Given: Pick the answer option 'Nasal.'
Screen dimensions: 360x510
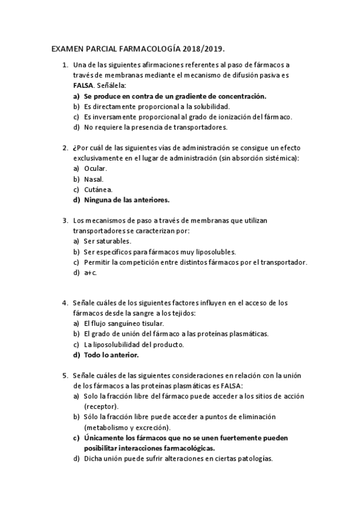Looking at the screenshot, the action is pos(94,179).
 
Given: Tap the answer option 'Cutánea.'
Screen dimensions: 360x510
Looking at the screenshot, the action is pos(98,189).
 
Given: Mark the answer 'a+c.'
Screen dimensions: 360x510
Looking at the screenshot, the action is pos(91,272).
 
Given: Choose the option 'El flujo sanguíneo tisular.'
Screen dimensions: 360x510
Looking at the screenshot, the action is pos(124,324).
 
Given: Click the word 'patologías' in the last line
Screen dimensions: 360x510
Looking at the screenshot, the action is pos(254,458).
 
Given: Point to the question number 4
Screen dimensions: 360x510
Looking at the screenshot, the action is pos(65,303).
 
